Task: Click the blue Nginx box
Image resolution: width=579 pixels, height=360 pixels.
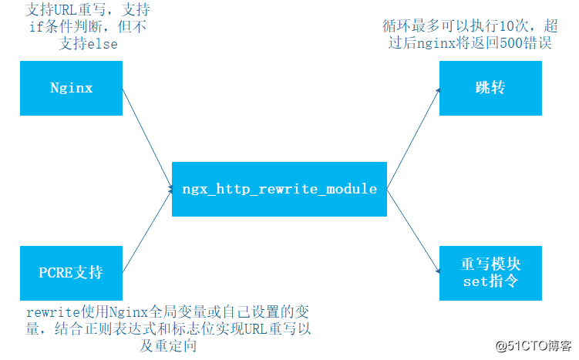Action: [x=71, y=88]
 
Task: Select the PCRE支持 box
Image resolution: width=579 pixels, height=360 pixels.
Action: [x=71, y=272]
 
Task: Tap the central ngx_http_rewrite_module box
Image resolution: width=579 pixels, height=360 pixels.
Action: [x=279, y=188]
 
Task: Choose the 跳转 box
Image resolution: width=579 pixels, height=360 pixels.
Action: [x=490, y=88]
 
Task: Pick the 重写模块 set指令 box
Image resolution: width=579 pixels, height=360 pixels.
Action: [x=490, y=273]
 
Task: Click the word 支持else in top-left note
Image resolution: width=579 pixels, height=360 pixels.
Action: [x=89, y=44]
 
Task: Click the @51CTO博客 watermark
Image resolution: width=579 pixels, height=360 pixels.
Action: [x=533, y=345]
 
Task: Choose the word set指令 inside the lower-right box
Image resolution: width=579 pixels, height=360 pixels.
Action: [x=490, y=281]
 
